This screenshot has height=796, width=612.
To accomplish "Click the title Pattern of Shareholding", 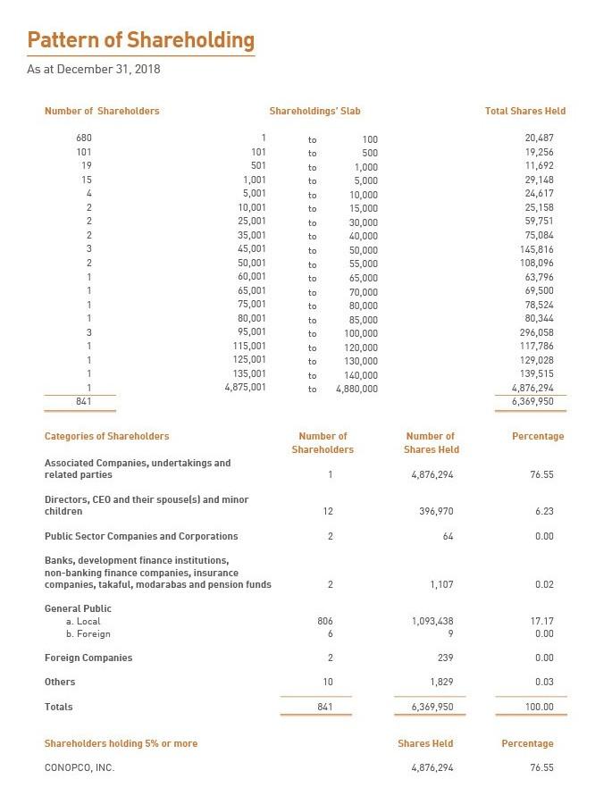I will click(x=140, y=40).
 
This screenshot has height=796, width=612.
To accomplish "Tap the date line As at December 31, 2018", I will click(x=94, y=69).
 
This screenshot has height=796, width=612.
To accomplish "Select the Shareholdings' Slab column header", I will click(x=314, y=112).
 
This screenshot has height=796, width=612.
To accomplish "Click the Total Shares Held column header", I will click(x=524, y=112).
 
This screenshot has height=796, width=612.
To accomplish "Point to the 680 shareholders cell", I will click(x=84, y=138).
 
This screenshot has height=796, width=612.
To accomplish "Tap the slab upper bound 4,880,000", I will click(x=356, y=390).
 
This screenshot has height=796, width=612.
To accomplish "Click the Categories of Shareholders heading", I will click(x=106, y=436).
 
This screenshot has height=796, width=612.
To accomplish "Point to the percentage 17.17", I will click(x=541, y=621).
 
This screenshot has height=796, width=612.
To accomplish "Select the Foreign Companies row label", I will click(x=88, y=658).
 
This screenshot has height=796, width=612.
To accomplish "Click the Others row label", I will click(x=60, y=682).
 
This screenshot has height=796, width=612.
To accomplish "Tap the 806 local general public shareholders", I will click(x=325, y=621).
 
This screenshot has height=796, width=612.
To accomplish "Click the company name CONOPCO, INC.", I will click(x=80, y=767).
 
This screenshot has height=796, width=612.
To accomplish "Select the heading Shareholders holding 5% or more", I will click(x=121, y=743).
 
